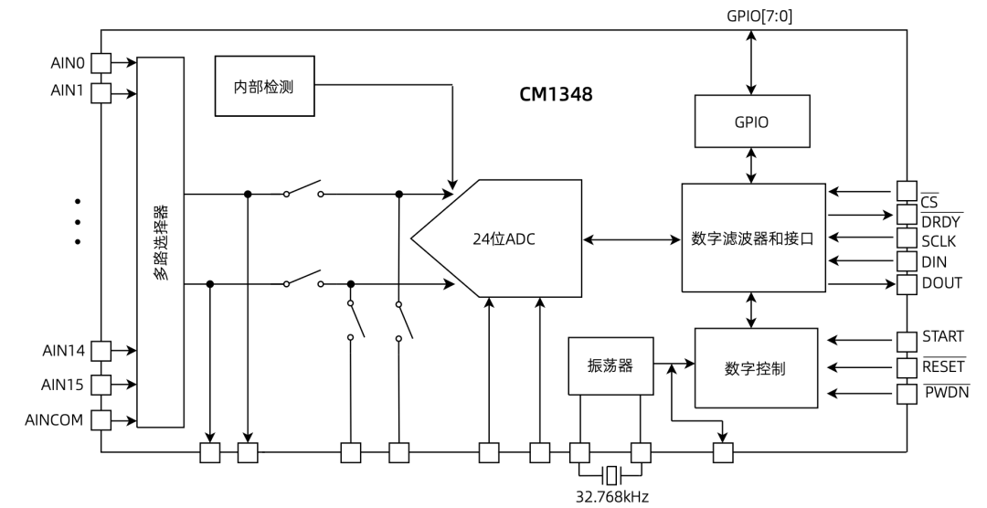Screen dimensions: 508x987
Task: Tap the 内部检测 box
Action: click(264, 86)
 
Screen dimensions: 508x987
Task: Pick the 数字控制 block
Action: click(755, 368)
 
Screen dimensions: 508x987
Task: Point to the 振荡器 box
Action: click(610, 365)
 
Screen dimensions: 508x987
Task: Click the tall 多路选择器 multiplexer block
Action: click(160, 242)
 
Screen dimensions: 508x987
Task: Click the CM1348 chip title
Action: click(557, 93)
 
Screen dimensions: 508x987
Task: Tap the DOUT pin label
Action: click(942, 283)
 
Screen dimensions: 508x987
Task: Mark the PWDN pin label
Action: click(946, 392)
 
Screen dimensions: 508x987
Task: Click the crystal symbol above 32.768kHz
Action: click(610, 474)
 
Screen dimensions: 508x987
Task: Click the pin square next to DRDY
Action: click(906, 215)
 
